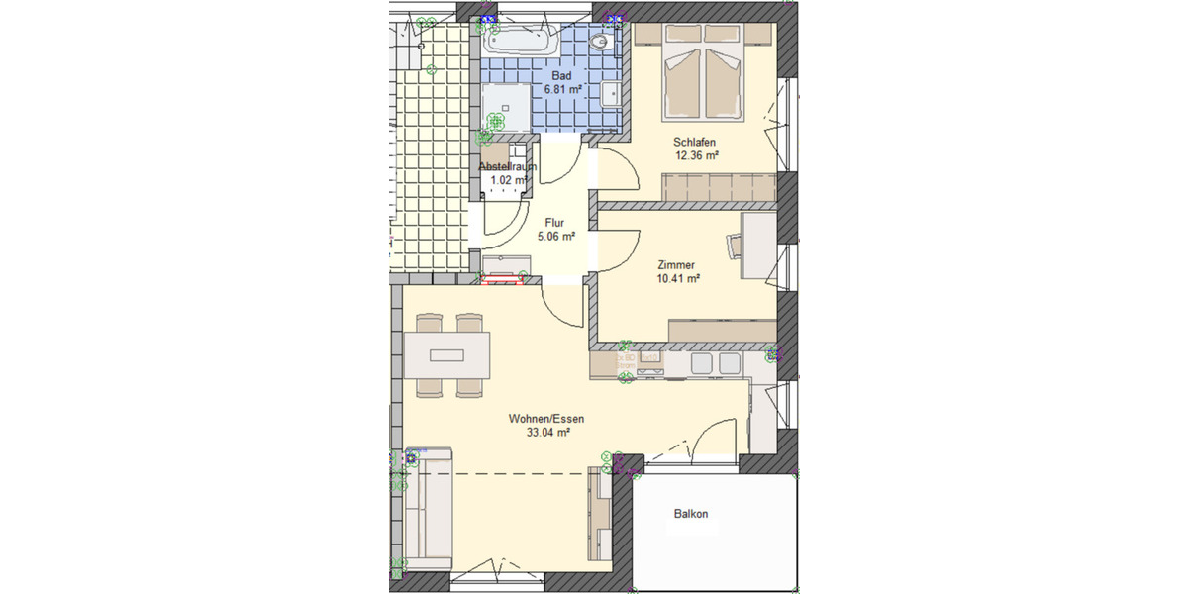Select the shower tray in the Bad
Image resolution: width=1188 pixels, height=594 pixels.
click(x=507, y=107)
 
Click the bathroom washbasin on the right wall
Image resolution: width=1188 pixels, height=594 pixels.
click(x=613, y=95)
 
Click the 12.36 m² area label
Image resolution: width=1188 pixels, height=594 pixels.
click(x=696, y=155)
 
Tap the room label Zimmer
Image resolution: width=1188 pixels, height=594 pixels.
click(x=677, y=265)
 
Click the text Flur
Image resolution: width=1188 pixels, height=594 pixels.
click(x=555, y=223)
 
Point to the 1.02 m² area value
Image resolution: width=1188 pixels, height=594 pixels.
click(x=508, y=180)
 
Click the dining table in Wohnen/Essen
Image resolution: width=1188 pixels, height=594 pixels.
click(x=446, y=354)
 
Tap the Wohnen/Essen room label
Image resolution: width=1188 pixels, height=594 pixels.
click(x=546, y=419)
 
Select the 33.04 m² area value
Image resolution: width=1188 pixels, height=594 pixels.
click(x=548, y=433)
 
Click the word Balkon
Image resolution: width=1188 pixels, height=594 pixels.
click(x=691, y=514)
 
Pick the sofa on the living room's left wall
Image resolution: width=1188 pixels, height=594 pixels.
click(x=427, y=515)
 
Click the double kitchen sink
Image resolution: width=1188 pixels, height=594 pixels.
click(x=715, y=364)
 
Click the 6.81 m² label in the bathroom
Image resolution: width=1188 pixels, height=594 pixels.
click(x=561, y=89)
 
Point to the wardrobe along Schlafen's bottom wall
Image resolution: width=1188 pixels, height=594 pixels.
click(x=718, y=186)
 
